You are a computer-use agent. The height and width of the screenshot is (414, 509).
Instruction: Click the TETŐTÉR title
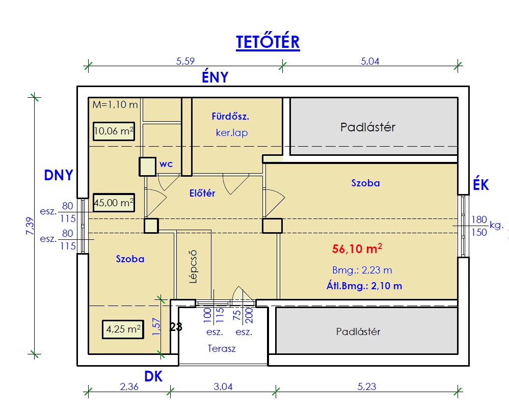click(x=267, y=43)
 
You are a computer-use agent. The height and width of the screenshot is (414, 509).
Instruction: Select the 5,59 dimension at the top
click(x=185, y=62)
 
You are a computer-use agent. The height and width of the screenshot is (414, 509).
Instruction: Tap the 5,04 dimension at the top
click(x=370, y=62)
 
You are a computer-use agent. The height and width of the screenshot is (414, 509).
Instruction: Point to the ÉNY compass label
click(x=215, y=77)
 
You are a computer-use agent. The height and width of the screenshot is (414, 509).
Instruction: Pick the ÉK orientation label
click(x=481, y=185)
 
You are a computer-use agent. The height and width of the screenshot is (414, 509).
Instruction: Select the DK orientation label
click(x=153, y=377)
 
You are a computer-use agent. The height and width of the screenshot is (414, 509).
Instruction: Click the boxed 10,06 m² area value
click(x=114, y=131)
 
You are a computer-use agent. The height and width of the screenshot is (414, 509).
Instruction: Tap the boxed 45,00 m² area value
click(x=114, y=203)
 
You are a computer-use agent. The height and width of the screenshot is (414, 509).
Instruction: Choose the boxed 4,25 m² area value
click(x=123, y=329)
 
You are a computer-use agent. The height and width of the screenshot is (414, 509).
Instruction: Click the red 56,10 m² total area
click(x=357, y=249)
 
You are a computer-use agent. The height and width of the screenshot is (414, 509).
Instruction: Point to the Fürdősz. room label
click(x=230, y=117)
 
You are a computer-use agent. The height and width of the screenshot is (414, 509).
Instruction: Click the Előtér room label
click(x=202, y=193)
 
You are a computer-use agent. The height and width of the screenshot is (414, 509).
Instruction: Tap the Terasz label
click(x=222, y=349)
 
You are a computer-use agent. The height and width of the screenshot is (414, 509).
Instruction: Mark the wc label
click(x=166, y=165)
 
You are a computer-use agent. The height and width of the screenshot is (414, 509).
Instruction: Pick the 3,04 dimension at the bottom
click(x=223, y=387)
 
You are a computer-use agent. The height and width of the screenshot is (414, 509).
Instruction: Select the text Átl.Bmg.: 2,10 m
click(x=364, y=286)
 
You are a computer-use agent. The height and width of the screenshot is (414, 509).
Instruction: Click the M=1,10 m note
click(x=116, y=105)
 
